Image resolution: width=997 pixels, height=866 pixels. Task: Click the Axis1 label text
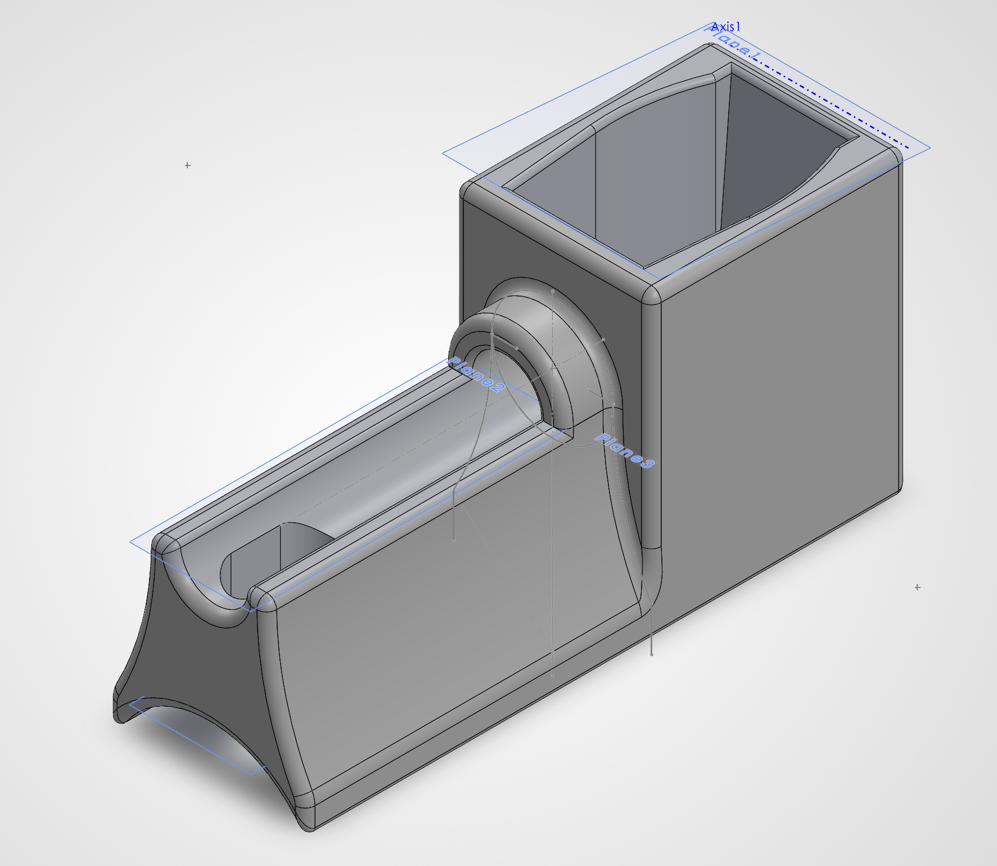point(725,27)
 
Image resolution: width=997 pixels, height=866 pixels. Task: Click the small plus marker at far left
point(187,165)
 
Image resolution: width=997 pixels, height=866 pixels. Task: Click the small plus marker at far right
point(917,587)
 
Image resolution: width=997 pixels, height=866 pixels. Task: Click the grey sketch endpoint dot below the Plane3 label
point(652,654)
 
